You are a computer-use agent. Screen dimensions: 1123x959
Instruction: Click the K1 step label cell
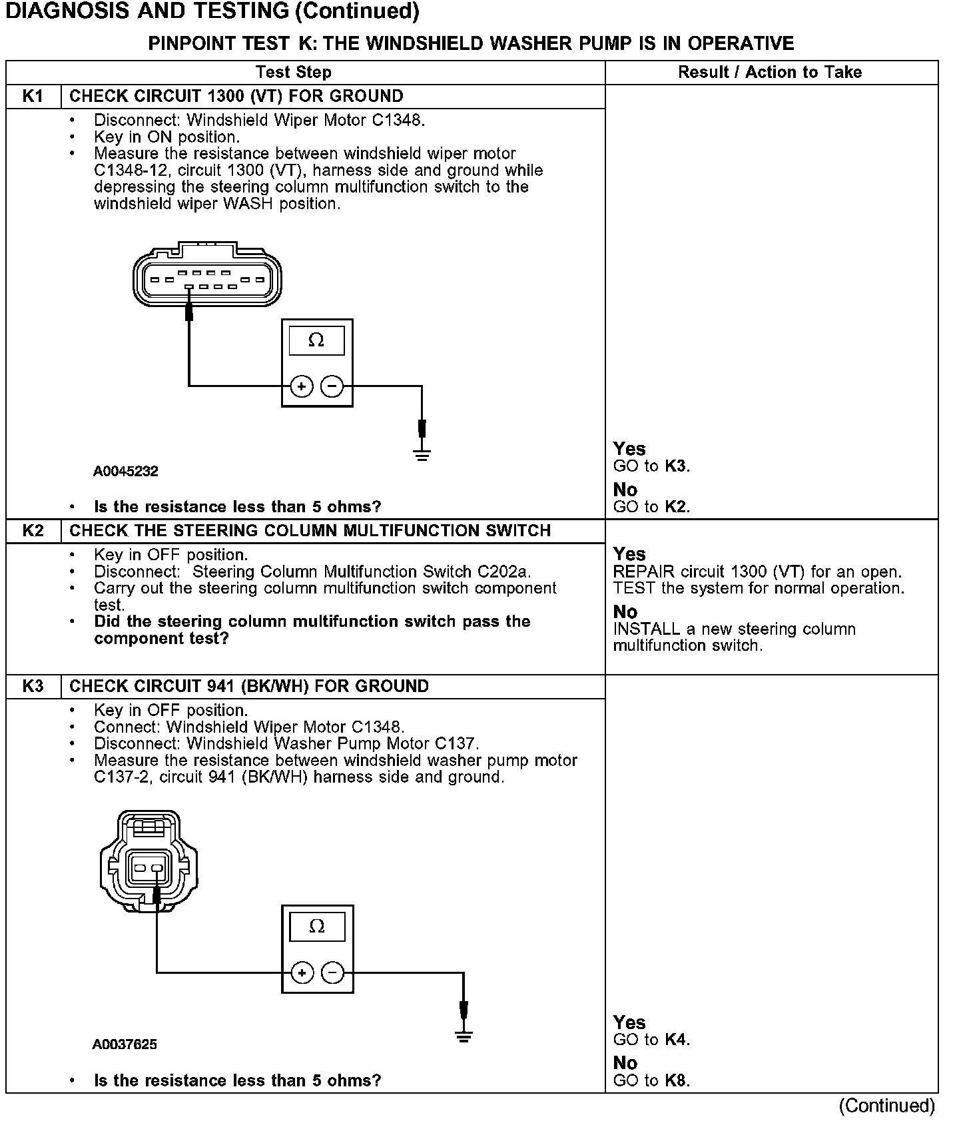[33, 96]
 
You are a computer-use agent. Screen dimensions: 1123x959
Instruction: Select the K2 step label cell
[33, 530]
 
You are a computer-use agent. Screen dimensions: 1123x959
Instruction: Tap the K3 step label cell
[33, 686]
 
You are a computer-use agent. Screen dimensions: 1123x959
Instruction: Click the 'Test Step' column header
[293, 72]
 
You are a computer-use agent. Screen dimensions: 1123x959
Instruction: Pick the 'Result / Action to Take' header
[770, 72]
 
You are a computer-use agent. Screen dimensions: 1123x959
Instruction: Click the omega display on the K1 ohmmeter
[316, 340]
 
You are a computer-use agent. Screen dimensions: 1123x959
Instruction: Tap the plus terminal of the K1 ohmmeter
[302, 386]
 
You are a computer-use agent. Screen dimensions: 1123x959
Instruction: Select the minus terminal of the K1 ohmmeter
[332, 386]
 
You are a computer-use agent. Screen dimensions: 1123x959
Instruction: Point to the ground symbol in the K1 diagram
[422, 455]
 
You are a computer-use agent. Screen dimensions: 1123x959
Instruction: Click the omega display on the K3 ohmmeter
[317, 927]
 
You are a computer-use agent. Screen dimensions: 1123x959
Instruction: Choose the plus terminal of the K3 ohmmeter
[302, 973]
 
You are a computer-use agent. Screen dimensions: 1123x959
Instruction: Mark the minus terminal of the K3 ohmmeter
[333, 973]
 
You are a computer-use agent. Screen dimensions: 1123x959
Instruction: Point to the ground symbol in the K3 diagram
[464, 1036]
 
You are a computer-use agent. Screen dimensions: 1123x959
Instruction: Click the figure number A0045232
[126, 472]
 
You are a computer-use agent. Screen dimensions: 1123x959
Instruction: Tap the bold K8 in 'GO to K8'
[676, 1080]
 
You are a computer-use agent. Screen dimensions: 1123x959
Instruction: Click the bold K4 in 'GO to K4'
[676, 1040]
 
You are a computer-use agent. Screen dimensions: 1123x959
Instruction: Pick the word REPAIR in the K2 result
[643, 572]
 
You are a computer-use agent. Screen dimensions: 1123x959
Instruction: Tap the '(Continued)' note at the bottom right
[886, 1106]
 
